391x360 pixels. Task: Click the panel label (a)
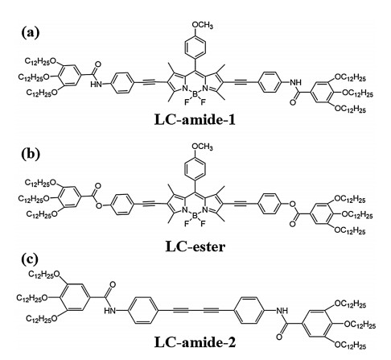coord(31,33)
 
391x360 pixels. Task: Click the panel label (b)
coord(31,154)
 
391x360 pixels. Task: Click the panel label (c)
coord(30,259)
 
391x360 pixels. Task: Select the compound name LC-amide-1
coord(195,120)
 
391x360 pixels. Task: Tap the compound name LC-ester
coord(195,246)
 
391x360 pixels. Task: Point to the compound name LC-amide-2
coord(195,342)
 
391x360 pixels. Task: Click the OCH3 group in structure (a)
coord(202,25)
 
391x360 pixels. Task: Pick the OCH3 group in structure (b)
coord(202,147)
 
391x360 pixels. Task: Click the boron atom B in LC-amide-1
coord(195,94)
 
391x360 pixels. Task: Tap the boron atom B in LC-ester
coord(195,216)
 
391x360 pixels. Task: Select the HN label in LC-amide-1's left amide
coord(97,85)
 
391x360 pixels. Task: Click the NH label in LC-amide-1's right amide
coord(295,83)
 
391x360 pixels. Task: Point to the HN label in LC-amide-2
coord(110,311)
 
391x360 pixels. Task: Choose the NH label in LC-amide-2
coord(282,311)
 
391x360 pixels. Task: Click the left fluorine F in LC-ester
coord(187,224)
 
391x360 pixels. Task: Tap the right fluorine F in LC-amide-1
coord(203,102)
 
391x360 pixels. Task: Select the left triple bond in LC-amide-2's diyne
coord(181,311)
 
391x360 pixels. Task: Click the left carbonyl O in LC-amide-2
coord(113,284)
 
